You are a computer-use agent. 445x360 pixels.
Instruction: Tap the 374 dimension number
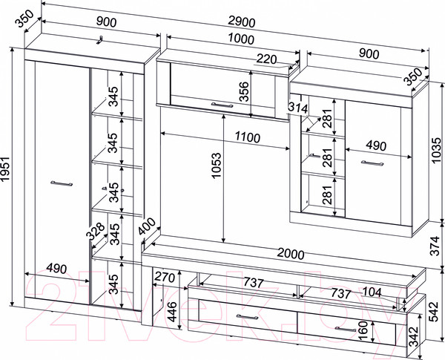click(x=438, y=241)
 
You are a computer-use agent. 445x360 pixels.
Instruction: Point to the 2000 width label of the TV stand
click(x=288, y=254)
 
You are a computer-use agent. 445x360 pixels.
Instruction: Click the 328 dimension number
click(x=93, y=232)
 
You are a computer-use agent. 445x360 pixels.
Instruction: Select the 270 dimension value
click(x=165, y=278)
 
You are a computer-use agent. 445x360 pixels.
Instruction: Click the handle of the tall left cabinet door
click(x=60, y=182)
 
